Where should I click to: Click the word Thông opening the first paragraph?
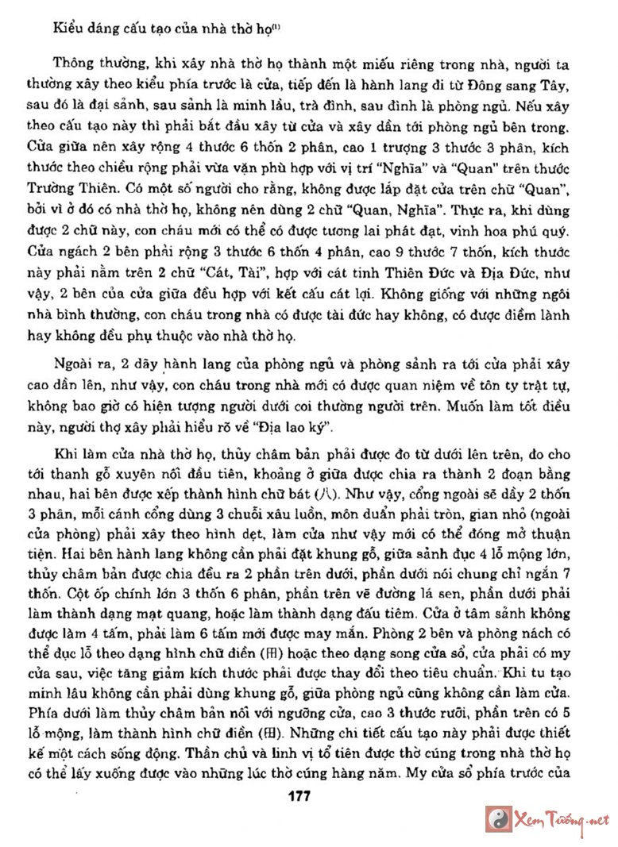click(x=74, y=64)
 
